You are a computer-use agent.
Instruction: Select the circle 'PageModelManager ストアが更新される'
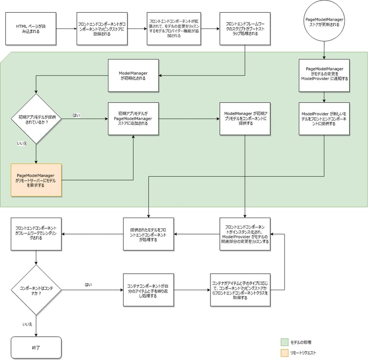pos(324,23)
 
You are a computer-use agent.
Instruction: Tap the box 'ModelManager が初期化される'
pos(133,75)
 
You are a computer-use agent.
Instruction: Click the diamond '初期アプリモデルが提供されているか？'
pos(36,118)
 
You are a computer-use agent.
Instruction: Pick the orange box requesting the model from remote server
pos(36,180)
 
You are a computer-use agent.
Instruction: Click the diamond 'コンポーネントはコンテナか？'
pos(36,290)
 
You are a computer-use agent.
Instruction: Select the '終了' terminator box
pos(36,347)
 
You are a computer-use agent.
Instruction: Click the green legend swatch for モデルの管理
pos(284,342)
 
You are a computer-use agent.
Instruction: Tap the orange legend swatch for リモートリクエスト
pos(284,353)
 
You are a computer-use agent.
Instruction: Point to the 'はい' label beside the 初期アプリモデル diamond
pos(77,115)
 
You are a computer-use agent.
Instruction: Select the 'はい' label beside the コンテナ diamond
pos(88,284)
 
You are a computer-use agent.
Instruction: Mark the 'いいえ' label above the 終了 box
pos(27,325)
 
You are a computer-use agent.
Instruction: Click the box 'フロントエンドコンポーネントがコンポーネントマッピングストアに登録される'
pos(102,28)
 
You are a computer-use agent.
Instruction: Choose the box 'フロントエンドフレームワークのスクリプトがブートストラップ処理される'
pos(245,28)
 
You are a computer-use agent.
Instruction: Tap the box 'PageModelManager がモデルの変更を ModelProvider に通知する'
pos(324,76)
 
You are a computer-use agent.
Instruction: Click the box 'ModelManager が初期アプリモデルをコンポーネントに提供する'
pos(245,118)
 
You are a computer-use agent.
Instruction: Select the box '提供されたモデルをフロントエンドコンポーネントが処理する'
pos(148,234)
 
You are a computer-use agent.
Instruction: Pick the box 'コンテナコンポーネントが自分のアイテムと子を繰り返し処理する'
pos(148,290)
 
